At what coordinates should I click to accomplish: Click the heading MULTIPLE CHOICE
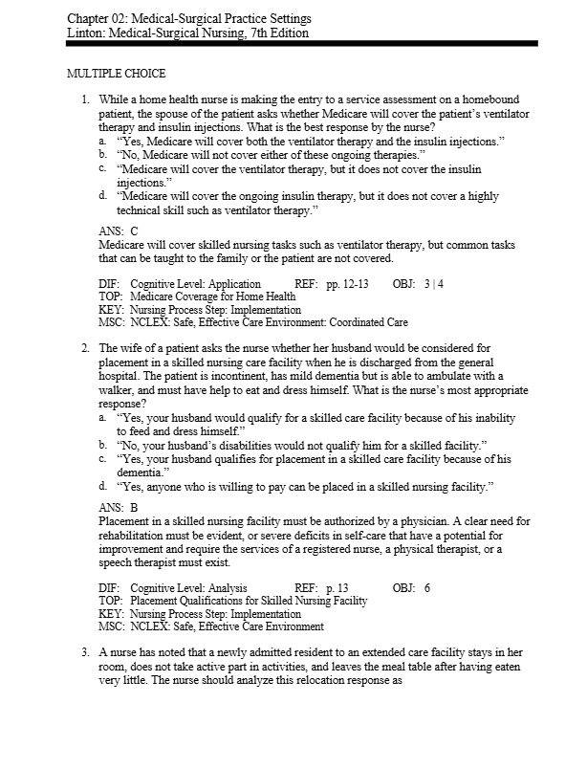click(115, 74)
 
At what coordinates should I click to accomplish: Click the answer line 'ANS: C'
click(119, 231)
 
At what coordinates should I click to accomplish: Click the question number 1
click(85, 100)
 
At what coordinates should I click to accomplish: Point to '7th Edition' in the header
click(276, 33)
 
